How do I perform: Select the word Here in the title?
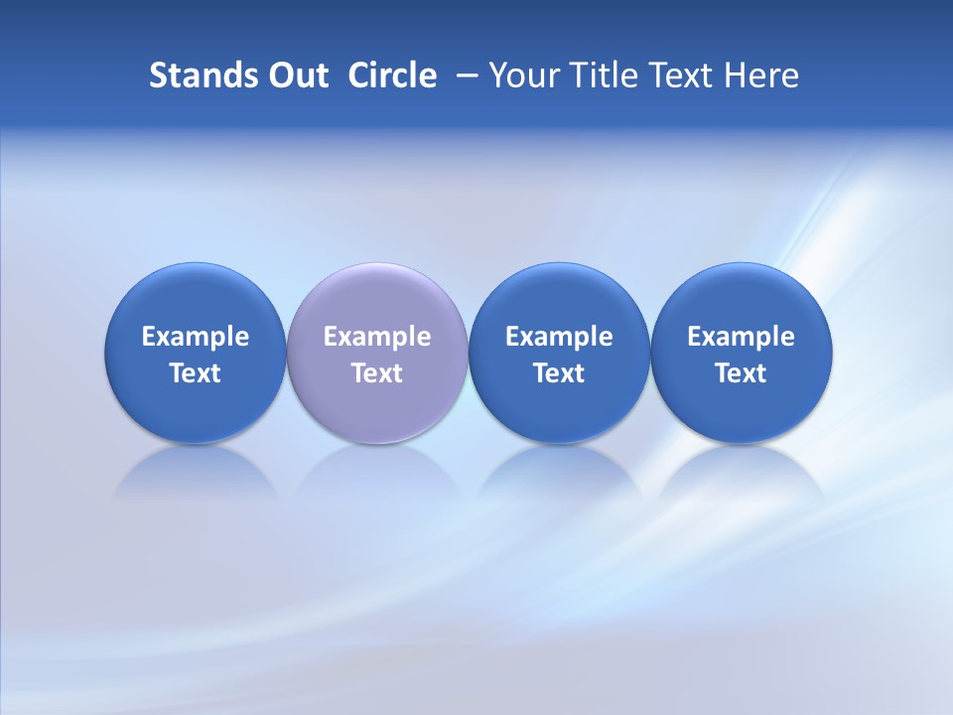[x=761, y=75]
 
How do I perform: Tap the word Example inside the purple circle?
[x=377, y=337]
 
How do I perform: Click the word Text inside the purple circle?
[x=377, y=373]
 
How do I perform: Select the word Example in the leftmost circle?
[x=196, y=337]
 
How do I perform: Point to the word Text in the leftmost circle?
[x=196, y=373]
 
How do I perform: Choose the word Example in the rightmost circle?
[x=741, y=337]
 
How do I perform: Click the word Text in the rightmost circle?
[x=741, y=373]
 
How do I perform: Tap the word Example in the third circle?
[x=559, y=337]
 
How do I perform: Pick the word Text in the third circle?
[x=559, y=373]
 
